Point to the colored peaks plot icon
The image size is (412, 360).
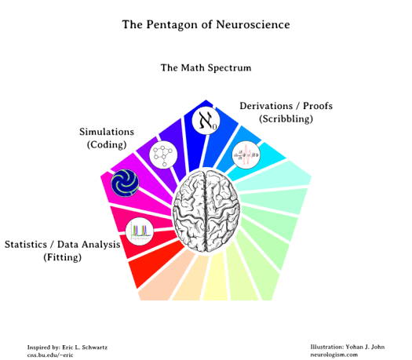[x=140, y=231]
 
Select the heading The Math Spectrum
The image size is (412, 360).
[x=206, y=68]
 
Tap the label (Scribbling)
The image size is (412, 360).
[x=286, y=118]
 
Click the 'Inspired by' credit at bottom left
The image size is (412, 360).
[x=67, y=345]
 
